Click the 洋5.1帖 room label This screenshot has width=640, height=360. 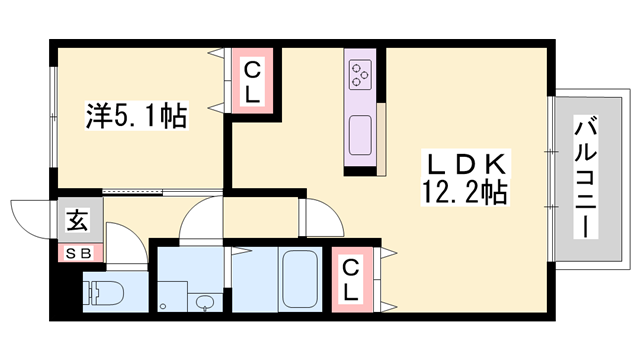[134, 116]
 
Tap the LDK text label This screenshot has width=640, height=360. [470, 164]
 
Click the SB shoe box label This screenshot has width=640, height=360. [78, 253]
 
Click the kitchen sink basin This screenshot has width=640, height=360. [360, 131]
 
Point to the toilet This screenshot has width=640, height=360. [102, 294]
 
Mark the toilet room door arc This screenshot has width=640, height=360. [126, 248]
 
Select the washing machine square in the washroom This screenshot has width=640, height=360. [174, 296]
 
